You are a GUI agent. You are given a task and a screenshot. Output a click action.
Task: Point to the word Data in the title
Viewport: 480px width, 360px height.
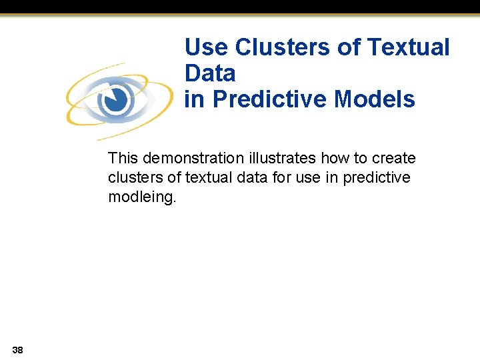coord(210,73)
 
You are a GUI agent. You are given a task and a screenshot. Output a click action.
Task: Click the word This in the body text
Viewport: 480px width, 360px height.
coord(123,159)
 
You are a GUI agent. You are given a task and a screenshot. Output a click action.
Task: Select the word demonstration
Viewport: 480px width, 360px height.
coord(193,159)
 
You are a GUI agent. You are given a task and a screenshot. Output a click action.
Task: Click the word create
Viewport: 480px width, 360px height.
coord(393,159)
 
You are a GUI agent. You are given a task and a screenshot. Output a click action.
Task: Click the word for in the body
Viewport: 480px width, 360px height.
coord(278,178)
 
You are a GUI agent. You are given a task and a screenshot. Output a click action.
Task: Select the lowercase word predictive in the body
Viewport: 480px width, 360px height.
coord(377,178)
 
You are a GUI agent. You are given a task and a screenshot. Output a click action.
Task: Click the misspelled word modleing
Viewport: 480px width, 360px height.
coord(141,198)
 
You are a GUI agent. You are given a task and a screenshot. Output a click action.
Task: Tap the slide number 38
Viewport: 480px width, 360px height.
coord(17,349)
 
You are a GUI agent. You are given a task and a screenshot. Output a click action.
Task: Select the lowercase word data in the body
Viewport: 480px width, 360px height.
coord(249,178)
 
